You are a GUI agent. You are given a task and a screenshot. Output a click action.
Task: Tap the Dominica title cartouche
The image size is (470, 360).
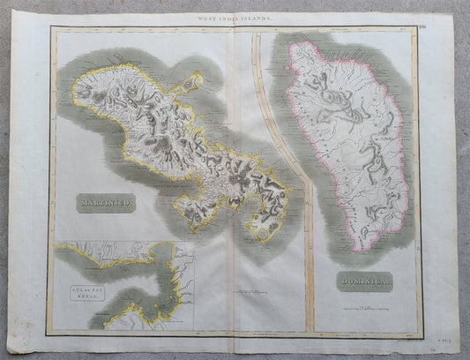click(364, 282)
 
